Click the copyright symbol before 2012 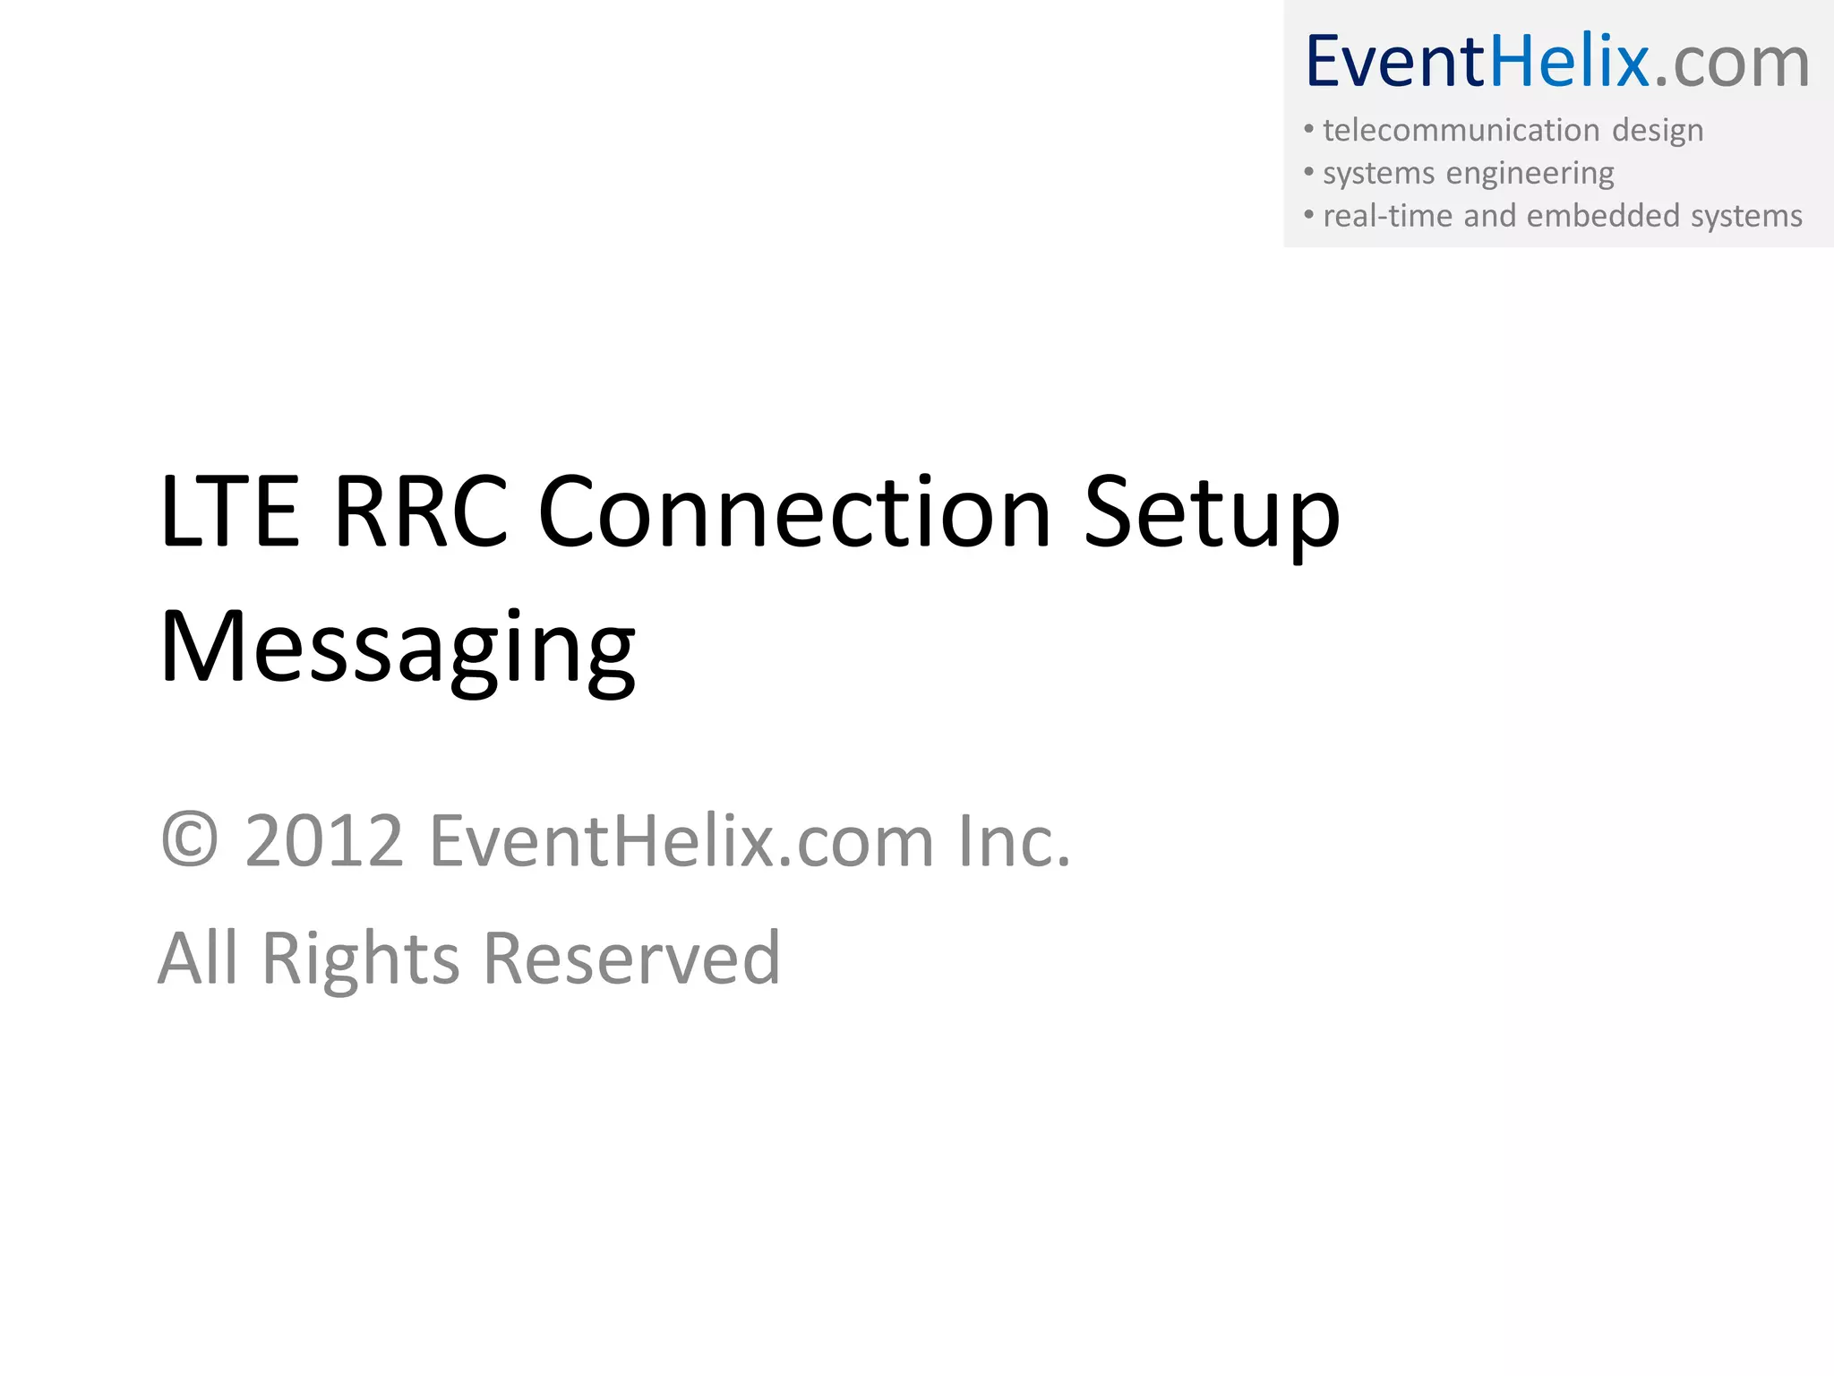coord(190,841)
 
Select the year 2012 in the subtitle coord(324,841)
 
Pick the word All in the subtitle coord(198,959)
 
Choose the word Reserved coord(632,959)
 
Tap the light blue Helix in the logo coord(1569,63)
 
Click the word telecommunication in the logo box coord(1461,130)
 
